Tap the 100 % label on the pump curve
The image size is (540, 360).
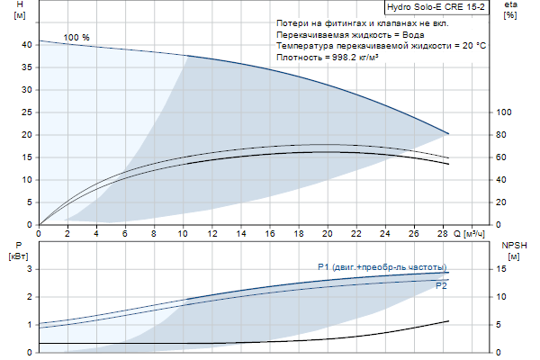click(x=76, y=37)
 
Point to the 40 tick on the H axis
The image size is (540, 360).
click(x=28, y=44)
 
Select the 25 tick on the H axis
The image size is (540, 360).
click(x=28, y=112)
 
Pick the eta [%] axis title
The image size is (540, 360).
click(x=510, y=12)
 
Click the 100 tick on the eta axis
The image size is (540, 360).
click(x=504, y=112)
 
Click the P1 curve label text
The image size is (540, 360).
click(x=382, y=266)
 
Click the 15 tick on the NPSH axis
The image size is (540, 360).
click(x=501, y=269)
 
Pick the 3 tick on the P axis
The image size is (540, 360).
click(x=30, y=269)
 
